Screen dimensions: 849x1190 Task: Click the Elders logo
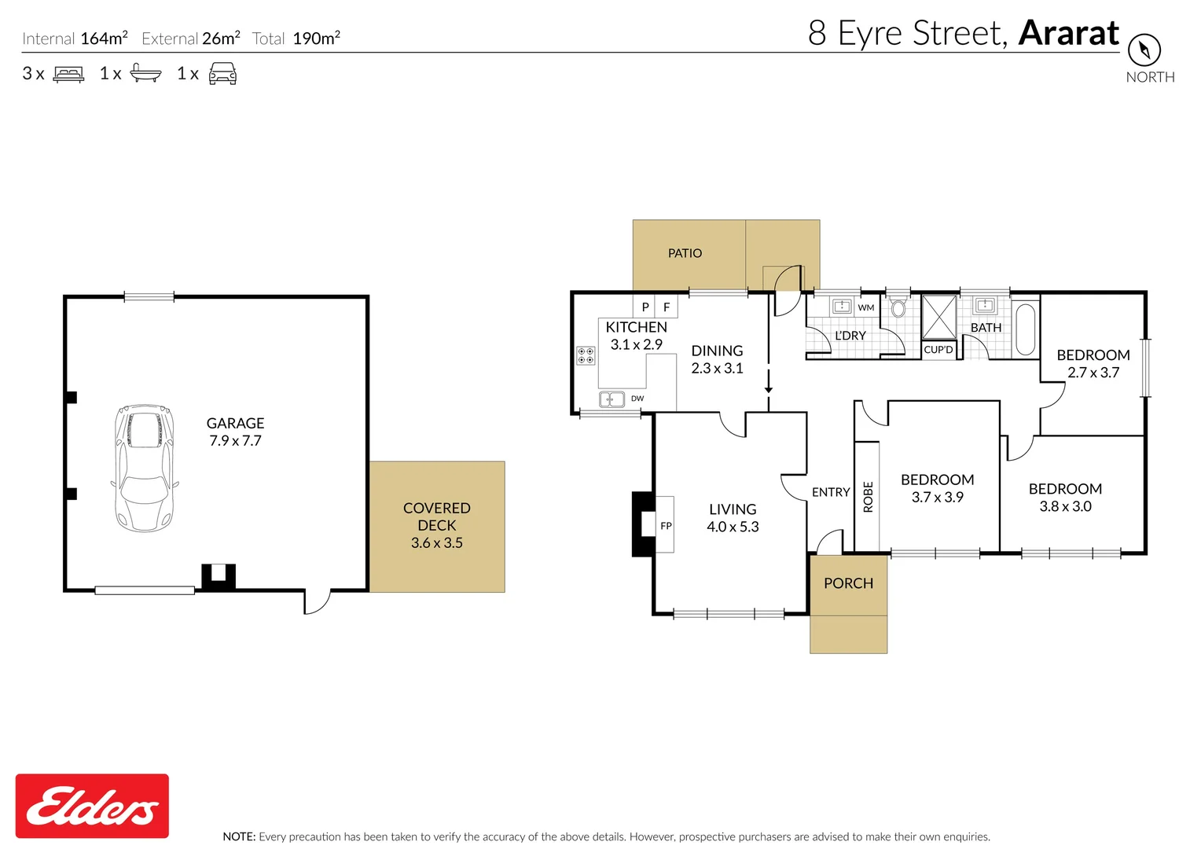click(92, 806)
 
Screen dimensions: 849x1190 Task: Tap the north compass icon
click(1144, 50)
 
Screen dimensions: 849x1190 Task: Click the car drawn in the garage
click(144, 468)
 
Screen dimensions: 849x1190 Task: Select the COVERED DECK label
click(436, 516)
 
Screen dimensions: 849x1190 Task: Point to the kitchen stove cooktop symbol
click(586, 355)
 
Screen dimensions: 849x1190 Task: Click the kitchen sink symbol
click(612, 399)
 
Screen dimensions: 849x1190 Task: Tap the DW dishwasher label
click(637, 399)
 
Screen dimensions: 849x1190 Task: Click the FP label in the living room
click(666, 526)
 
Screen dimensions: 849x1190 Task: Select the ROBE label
click(868, 497)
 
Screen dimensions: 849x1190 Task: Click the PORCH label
click(848, 583)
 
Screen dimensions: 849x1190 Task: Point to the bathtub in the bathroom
click(1026, 329)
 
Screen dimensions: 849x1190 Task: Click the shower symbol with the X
click(938, 317)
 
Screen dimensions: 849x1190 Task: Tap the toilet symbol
click(898, 307)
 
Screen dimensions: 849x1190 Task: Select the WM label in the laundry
click(866, 307)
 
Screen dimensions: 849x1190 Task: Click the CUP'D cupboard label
click(938, 350)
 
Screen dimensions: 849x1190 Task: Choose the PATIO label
click(685, 253)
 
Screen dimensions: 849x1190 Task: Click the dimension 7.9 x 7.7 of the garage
click(235, 441)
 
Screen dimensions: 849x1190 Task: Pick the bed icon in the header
click(68, 74)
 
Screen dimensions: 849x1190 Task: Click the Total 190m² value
click(316, 39)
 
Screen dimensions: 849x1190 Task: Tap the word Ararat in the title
click(1068, 33)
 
